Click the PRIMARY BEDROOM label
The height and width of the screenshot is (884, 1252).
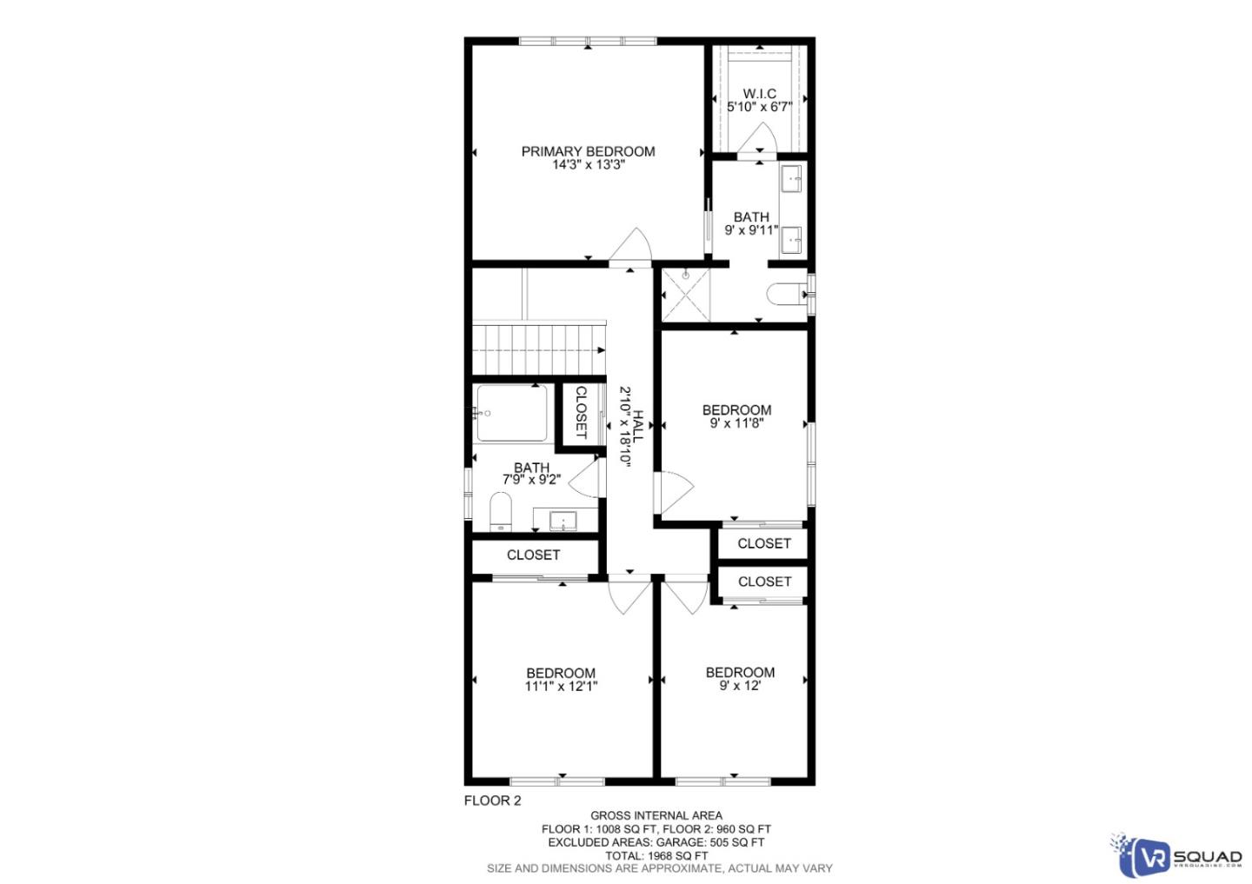click(588, 151)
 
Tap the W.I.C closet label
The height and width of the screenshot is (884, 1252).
click(759, 94)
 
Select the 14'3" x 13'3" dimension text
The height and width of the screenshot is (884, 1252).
click(588, 164)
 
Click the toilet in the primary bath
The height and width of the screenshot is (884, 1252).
click(786, 295)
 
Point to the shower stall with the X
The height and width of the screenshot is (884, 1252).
click(685, 295)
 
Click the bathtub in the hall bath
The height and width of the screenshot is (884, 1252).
click(512, 413)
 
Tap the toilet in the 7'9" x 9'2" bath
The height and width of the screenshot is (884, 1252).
click(500, 511)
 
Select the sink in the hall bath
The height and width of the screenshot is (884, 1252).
click(563, 521)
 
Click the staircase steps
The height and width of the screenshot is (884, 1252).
click(537, 348)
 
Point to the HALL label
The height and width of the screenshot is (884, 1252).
click(639, 427)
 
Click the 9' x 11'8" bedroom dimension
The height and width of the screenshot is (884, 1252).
click(736, 423)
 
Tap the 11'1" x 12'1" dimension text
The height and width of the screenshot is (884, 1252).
click(561, 686)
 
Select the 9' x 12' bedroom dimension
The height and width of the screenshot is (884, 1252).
click(740, 686)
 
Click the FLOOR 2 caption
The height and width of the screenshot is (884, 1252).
click(492, 801)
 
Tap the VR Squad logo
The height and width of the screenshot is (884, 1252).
click(1175, 856)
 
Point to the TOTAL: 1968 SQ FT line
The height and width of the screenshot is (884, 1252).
click(656, 855)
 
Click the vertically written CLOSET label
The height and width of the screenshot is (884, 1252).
click(581, 412)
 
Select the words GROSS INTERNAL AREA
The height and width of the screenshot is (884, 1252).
click(656, 815)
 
